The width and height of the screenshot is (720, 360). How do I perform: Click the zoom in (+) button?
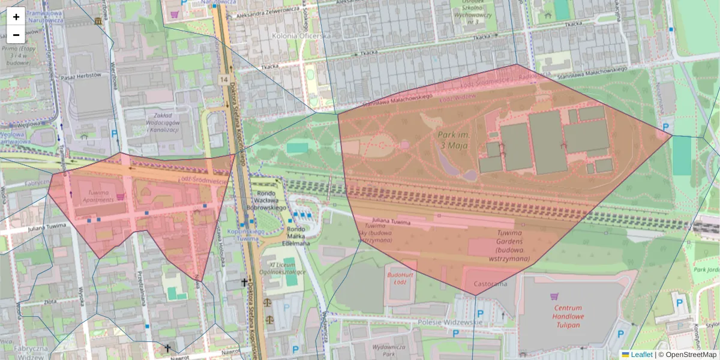click(x=16, y=17)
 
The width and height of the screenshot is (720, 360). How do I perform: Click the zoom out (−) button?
click(x=16, y=35)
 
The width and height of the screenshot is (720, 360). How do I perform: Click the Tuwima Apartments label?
click(x=92, y=196)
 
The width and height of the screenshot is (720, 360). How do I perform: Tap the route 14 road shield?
click(x=224, y=79)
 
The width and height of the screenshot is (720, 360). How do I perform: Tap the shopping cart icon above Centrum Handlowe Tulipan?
click(x=554, y=296)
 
